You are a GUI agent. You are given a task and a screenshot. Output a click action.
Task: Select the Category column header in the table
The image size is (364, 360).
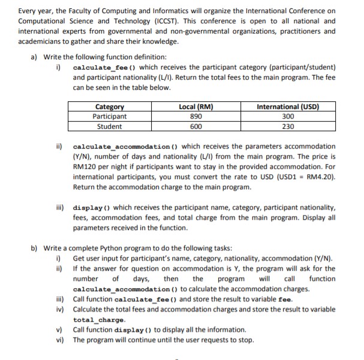[110, 107]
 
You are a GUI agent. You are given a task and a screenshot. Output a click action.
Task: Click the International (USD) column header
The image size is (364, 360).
[287, 107]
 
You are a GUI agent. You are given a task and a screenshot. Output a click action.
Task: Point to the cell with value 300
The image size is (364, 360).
[287, 117]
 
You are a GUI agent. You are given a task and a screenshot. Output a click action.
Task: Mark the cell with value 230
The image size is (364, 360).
[287, 126]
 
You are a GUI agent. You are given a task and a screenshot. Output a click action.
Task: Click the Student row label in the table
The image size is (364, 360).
[110, 126]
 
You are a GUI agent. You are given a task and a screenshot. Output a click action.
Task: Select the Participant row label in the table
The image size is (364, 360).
[110, 117]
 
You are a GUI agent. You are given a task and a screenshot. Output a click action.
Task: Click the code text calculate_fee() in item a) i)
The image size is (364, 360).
[99, 68]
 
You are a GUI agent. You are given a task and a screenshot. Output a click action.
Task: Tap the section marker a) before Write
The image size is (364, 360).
[34, 57]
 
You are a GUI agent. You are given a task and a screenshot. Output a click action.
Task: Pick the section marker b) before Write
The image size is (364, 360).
[34, 248]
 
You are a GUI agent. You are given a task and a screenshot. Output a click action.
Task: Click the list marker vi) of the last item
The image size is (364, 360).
[60, 340]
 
